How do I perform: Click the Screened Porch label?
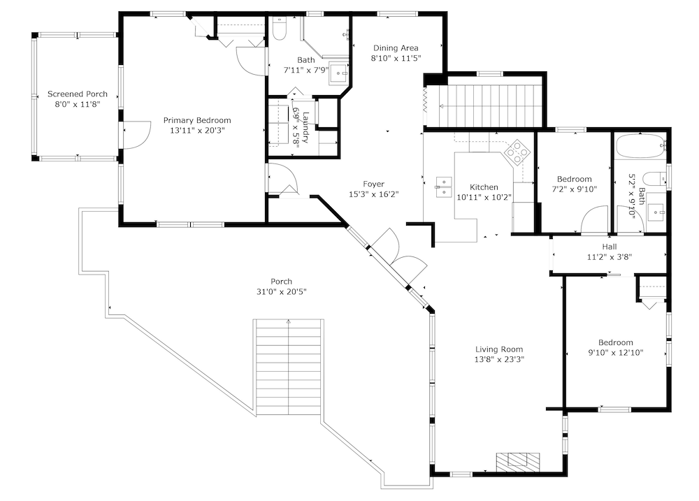coord(78,94)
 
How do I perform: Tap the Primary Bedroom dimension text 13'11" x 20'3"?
coord(197,131)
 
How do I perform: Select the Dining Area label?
coord(396,48)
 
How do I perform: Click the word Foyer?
coord(373,184)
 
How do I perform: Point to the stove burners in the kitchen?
coord(517,152)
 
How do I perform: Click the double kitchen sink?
coord(444,187)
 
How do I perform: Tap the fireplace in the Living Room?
coord(518,462)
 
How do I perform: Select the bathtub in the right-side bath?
coord(640,147)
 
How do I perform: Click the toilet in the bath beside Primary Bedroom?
coord(280,29)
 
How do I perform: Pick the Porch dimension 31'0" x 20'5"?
coord(281,292)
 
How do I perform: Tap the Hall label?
coord(610,247)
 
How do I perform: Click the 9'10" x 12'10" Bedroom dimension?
coord(616,353)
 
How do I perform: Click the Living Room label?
coord(499,349)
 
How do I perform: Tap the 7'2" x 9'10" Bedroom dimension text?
coord(575,189)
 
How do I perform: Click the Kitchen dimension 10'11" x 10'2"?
coord(484,197)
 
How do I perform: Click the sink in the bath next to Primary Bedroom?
coord(339,73)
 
